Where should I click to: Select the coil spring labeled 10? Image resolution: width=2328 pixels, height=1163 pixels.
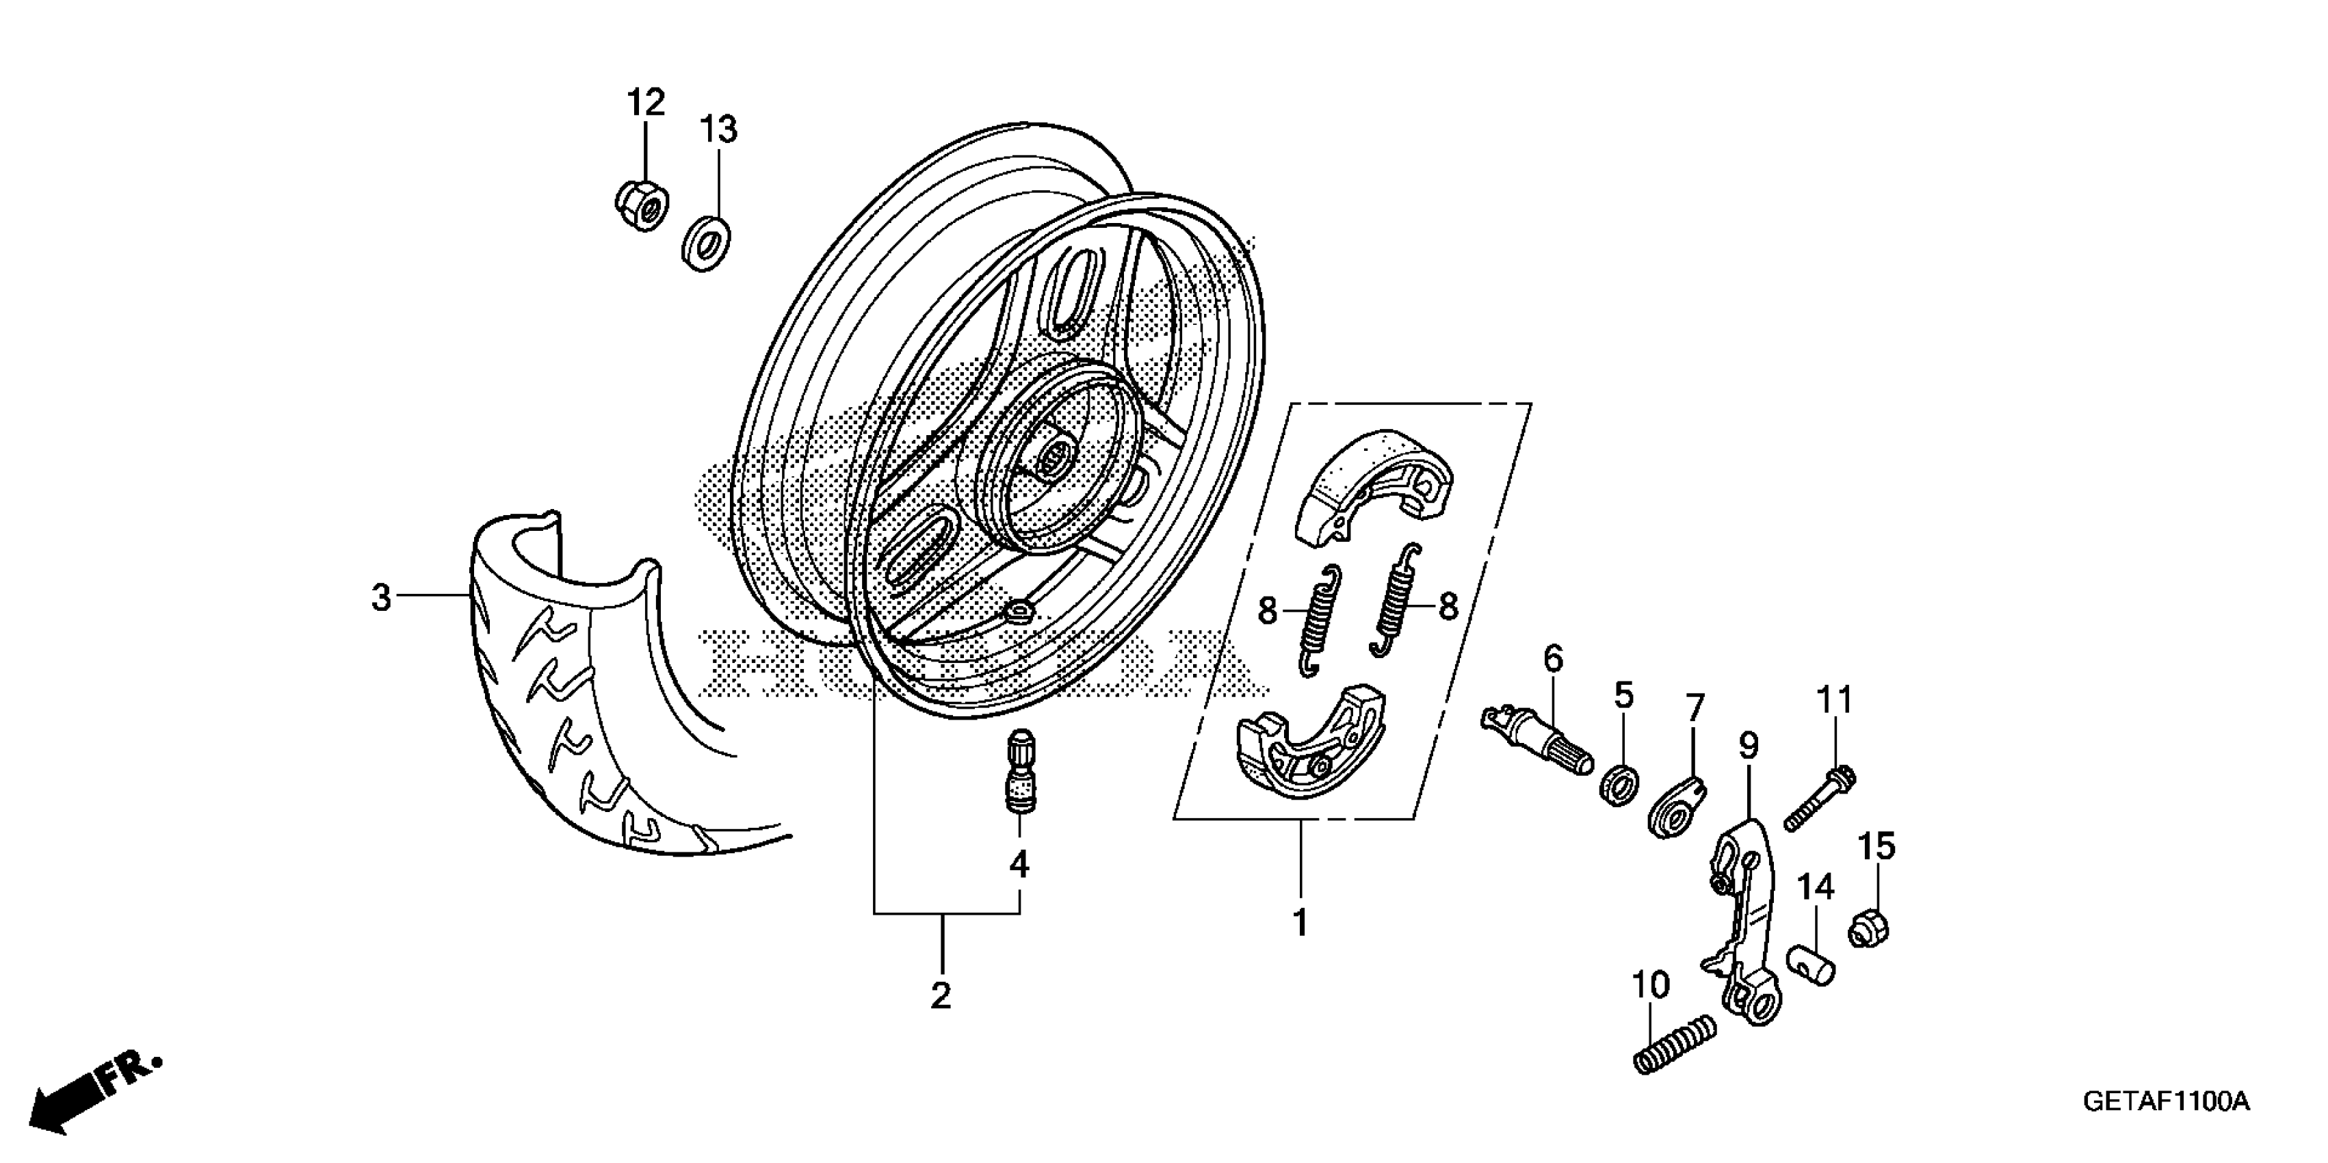click(x=1675, y=1045)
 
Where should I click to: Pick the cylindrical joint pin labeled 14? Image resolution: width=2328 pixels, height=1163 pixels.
click(x=1813, y=963)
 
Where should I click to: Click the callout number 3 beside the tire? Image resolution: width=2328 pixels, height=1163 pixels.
click(x=381, y=597)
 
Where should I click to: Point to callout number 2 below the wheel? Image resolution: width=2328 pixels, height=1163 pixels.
click(x=941, y=996)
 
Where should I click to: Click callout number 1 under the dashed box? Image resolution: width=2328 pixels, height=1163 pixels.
click(x=1300, y=924)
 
